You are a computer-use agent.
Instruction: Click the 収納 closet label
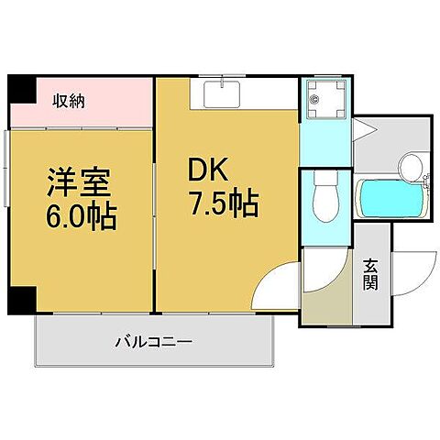[x=68, y=102]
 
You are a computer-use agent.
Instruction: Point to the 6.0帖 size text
[x=81, y=218]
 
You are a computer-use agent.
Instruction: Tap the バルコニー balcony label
[x=153, y=343]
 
